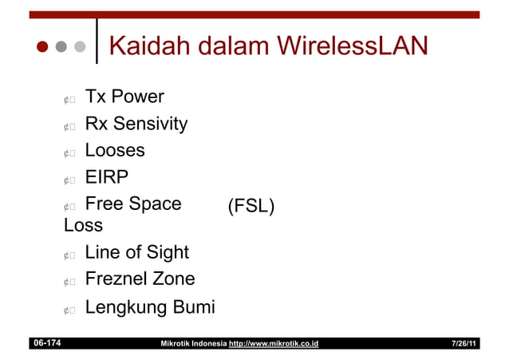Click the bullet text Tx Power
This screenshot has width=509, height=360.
pos(124,97)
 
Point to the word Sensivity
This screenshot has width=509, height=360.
pos(151,124)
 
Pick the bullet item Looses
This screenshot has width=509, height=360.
pos(115,150)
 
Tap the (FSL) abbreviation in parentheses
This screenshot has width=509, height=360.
pos(251,207)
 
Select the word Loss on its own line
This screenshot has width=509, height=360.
pos(83,225)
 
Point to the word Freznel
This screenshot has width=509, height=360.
pos(116,279)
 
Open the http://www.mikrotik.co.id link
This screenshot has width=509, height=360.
pos(274,344)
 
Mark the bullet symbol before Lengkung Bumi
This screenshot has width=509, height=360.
pos(69,310)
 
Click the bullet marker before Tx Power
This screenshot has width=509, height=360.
pos(69,100)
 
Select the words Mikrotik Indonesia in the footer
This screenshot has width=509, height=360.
pos(193,344)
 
